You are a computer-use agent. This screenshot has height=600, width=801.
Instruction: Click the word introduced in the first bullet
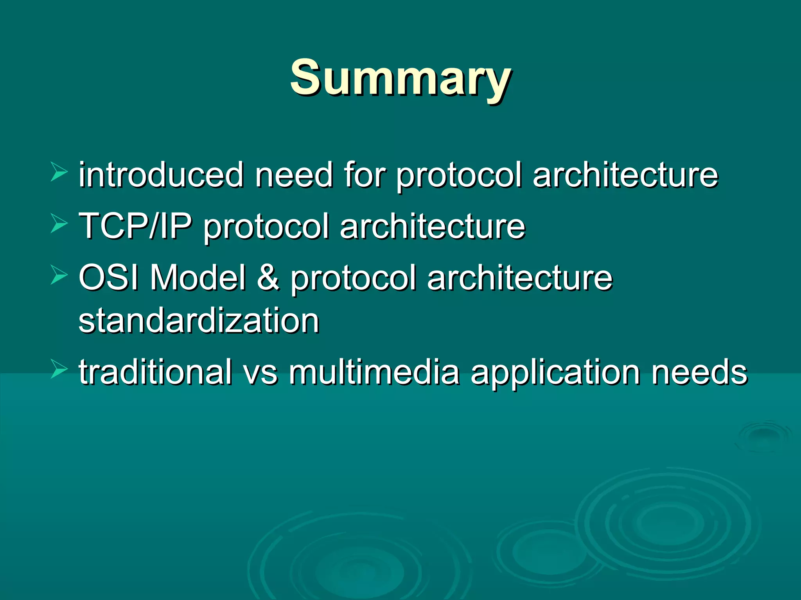point(161,175)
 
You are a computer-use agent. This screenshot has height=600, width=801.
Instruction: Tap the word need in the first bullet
point(293,175)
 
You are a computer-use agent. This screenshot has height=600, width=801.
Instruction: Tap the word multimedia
point(374,372)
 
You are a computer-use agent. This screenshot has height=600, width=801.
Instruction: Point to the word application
point(555,372)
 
